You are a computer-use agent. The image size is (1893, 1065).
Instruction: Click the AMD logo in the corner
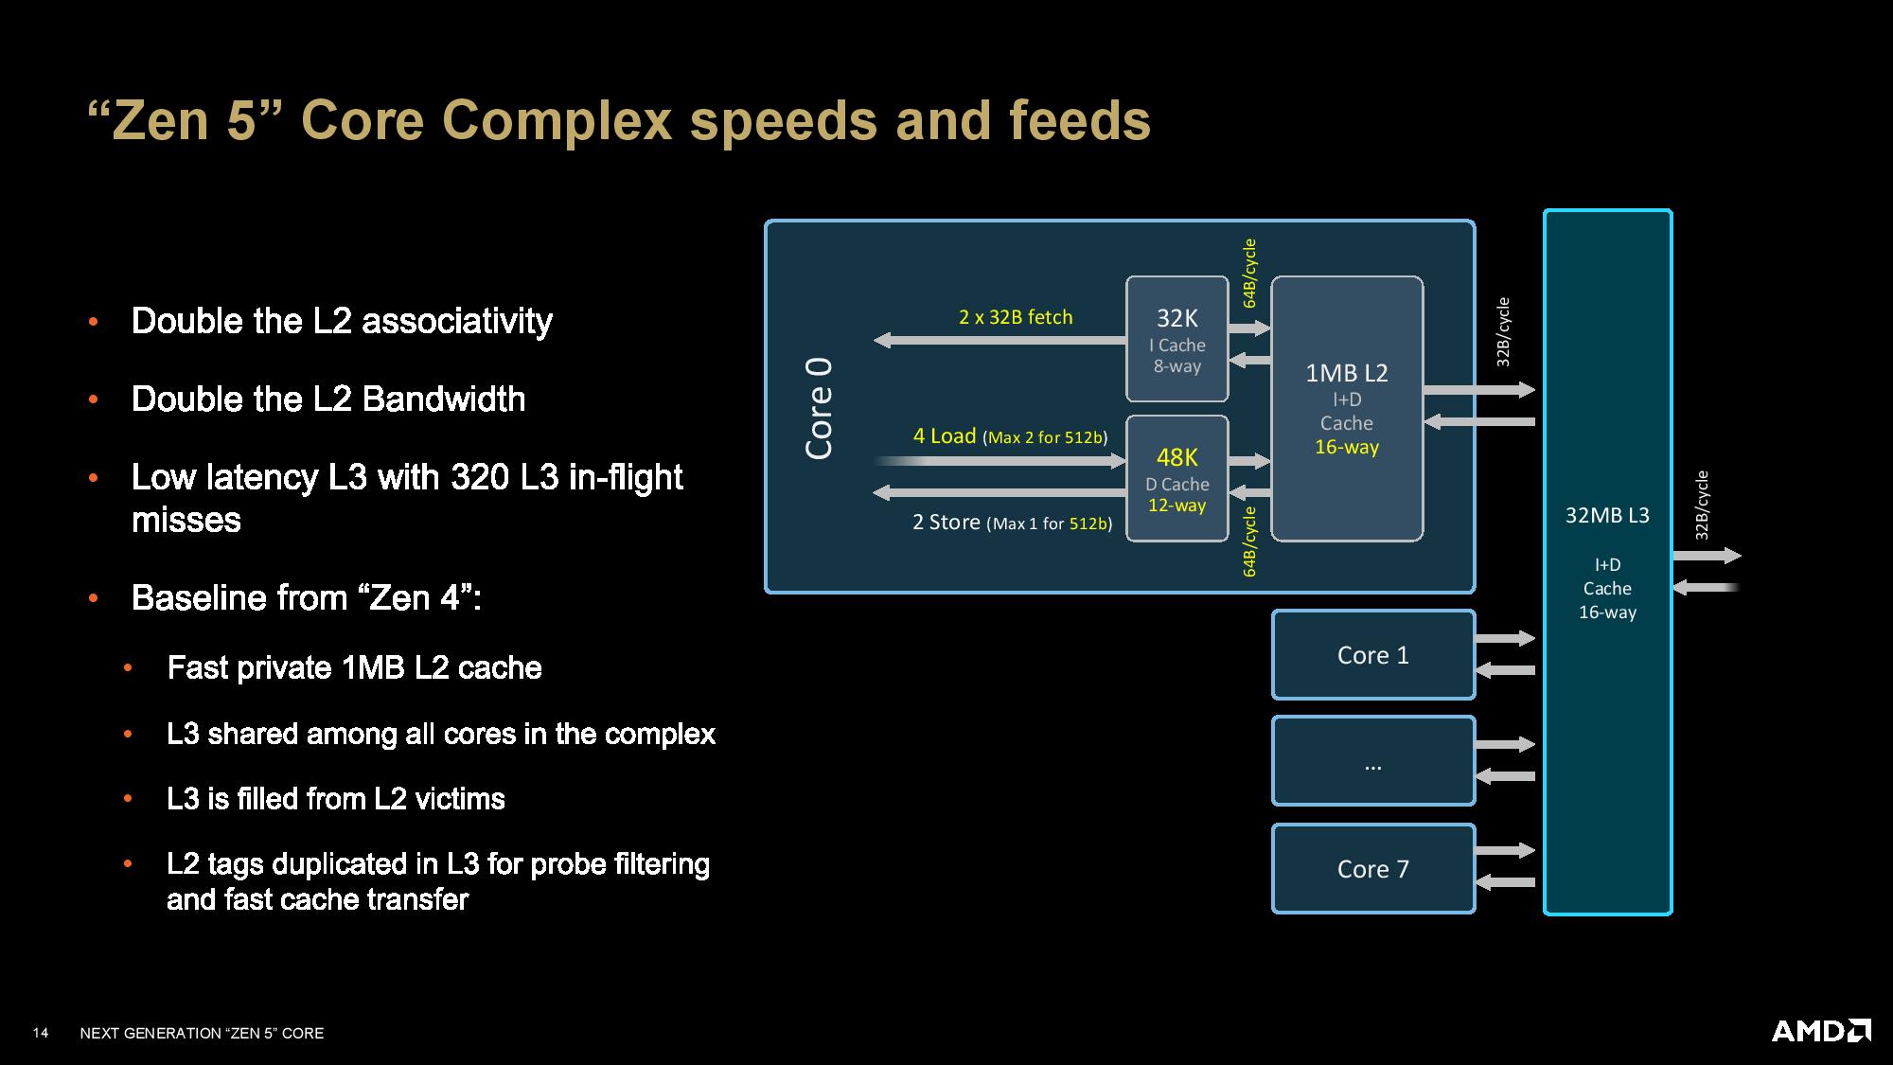[x=1821, y=1030]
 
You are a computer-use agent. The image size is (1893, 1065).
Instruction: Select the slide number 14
[x=41, y=1033]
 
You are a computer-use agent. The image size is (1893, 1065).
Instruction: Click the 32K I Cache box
[x=1176, y=339]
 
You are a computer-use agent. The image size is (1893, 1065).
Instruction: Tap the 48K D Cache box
[x=1176, y=478]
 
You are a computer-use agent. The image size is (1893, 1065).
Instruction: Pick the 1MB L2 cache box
[x=1347, y=409]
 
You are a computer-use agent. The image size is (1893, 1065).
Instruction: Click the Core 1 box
[x=1373, y=655]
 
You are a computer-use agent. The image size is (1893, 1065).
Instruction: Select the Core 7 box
[x=1373, y=868]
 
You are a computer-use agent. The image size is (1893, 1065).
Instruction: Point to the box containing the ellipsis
[x=1373, y=761]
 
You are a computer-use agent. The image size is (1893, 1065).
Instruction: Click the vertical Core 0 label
[x=819, y=409]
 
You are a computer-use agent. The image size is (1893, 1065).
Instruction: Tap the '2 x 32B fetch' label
[x=1016, y=317]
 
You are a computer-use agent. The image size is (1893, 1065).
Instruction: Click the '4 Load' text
[x=944, y=435]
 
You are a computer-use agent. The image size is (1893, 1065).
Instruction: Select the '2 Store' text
[x=946, y=523]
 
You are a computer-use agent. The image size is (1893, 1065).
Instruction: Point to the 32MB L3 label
[x=1607, y=515]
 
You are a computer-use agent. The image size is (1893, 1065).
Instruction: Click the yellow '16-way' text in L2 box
[x=1347, y=447]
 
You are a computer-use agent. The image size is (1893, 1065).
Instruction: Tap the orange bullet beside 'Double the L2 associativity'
[x=93, y=322]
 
